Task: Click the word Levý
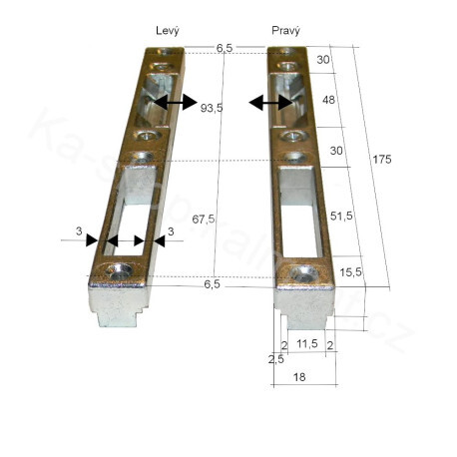pyautogui.click(x=167, y=30)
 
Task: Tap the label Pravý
pyautogui.click(x=286, y=30)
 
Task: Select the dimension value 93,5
pyautogui.click(x=212, y=107)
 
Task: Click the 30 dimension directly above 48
pyautogui.click(x=324, y=60)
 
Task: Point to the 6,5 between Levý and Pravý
pyautogui.click(x=225, y=47)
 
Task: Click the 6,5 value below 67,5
pyautogui.click(x=211, y=284)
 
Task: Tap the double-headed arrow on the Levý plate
pyautogui.click(x=174, y=103)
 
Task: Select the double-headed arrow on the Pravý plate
pyautogui.click(x=269, y=102)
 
